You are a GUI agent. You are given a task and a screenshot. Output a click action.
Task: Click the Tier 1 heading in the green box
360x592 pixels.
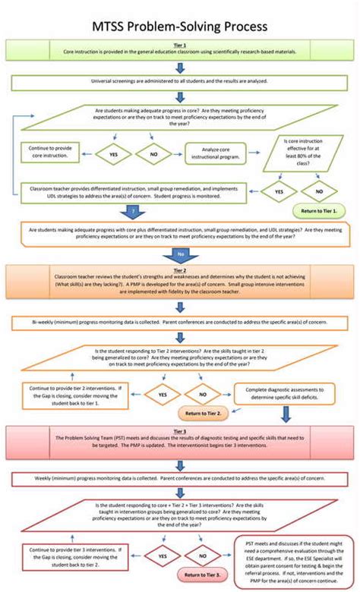click(x=180, y=45)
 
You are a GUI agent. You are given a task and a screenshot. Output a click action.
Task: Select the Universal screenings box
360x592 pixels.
click(x=180, y=82)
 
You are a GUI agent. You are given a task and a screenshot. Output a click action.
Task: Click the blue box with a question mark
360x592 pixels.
click(x=134, y=209)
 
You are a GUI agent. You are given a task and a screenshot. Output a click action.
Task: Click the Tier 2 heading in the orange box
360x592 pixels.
click(x=180, y=269)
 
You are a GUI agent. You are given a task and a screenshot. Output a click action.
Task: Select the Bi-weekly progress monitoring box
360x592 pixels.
click(x=180, y=323)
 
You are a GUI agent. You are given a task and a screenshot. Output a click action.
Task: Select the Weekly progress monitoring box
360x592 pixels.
click(x=180, y=480)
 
